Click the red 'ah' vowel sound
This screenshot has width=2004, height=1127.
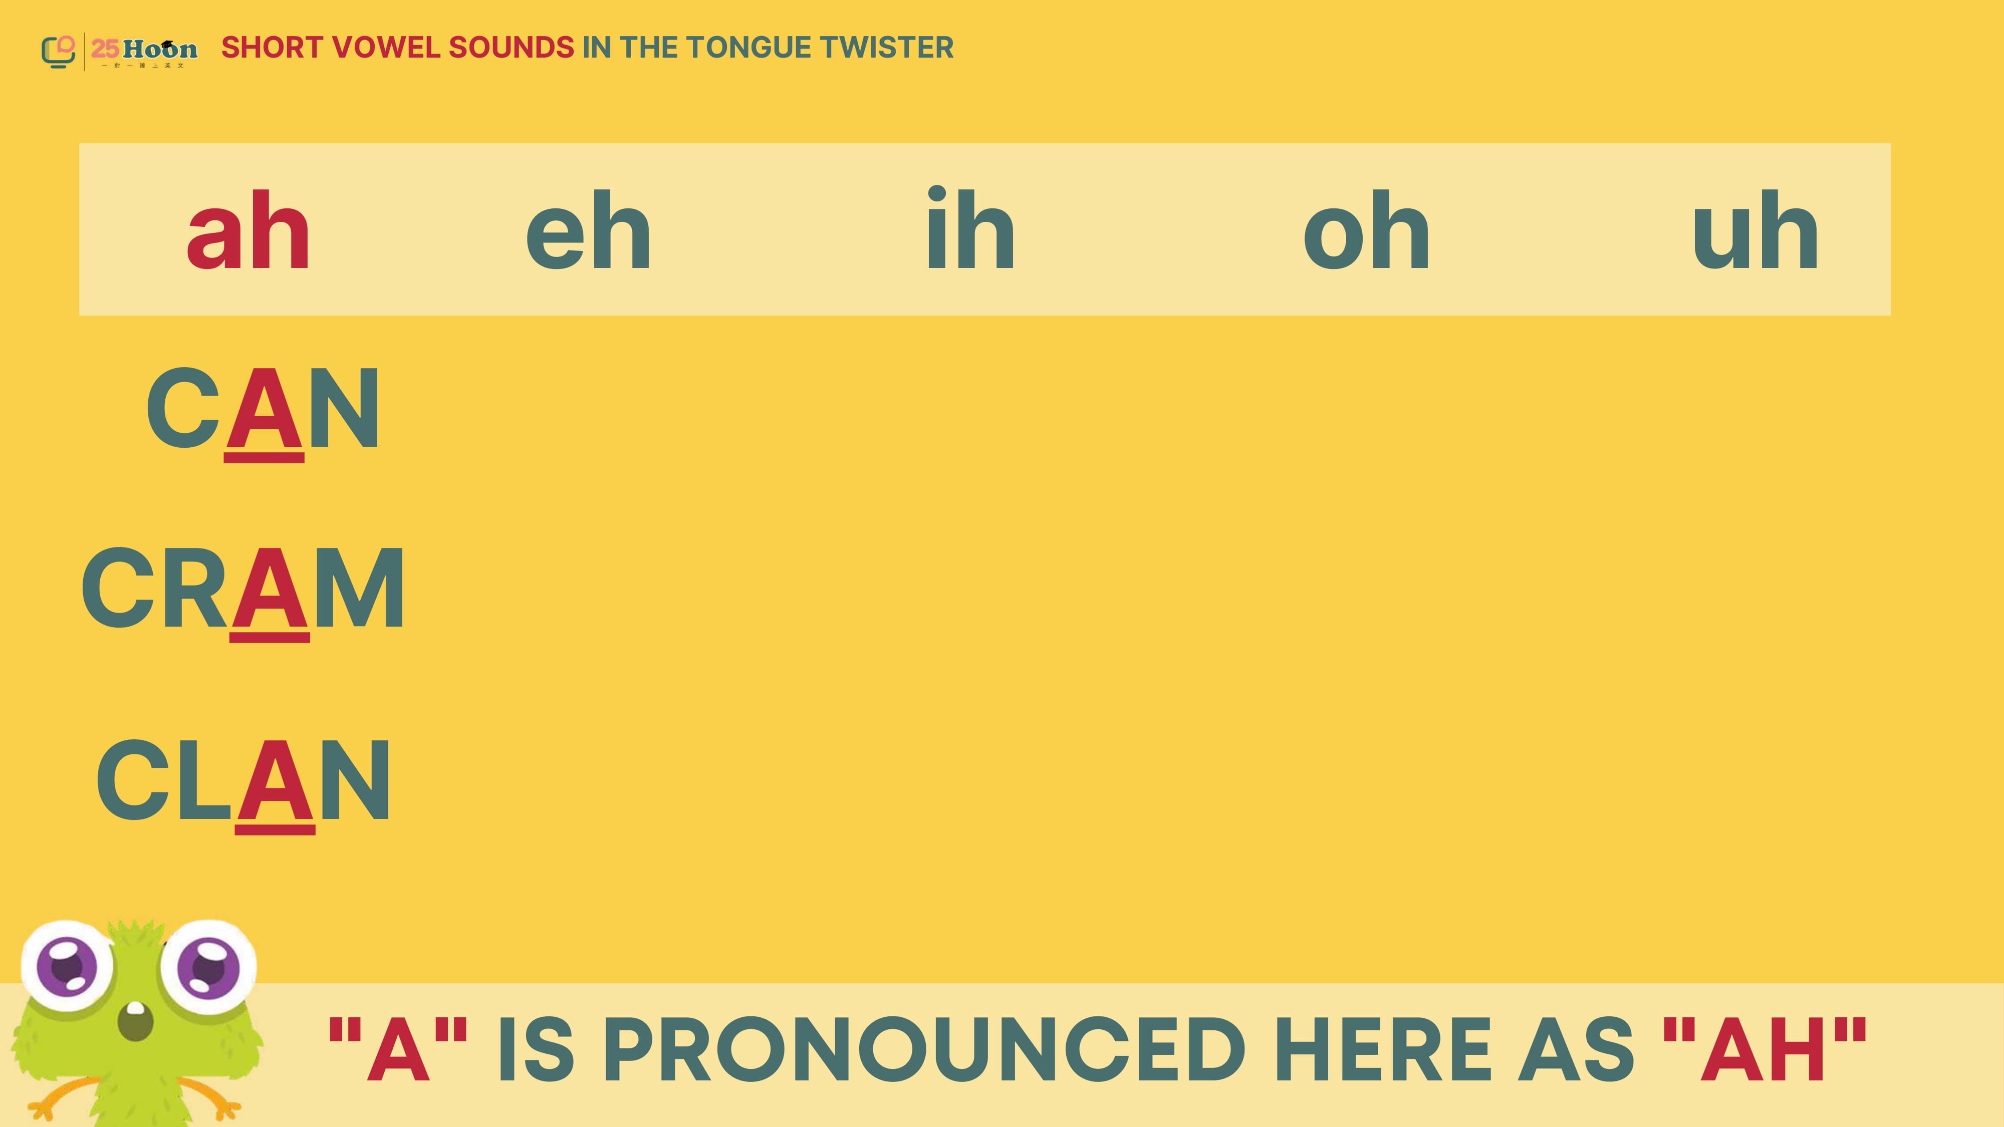click(x=248, y=230)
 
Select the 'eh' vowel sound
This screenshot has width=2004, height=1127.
click(x=588, y=230)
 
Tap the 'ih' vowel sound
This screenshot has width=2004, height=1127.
click(x=970, y=228)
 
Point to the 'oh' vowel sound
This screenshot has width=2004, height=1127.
click(x=1366, y=230)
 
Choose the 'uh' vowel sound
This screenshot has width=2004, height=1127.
click(x=1755, y=230)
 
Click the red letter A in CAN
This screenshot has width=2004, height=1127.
click(x=264, y=408)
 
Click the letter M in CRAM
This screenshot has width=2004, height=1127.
click(x=359, y=589)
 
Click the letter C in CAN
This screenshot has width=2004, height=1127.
click(x=183, y=408)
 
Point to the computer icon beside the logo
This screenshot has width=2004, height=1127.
click(x=58, y=51)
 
